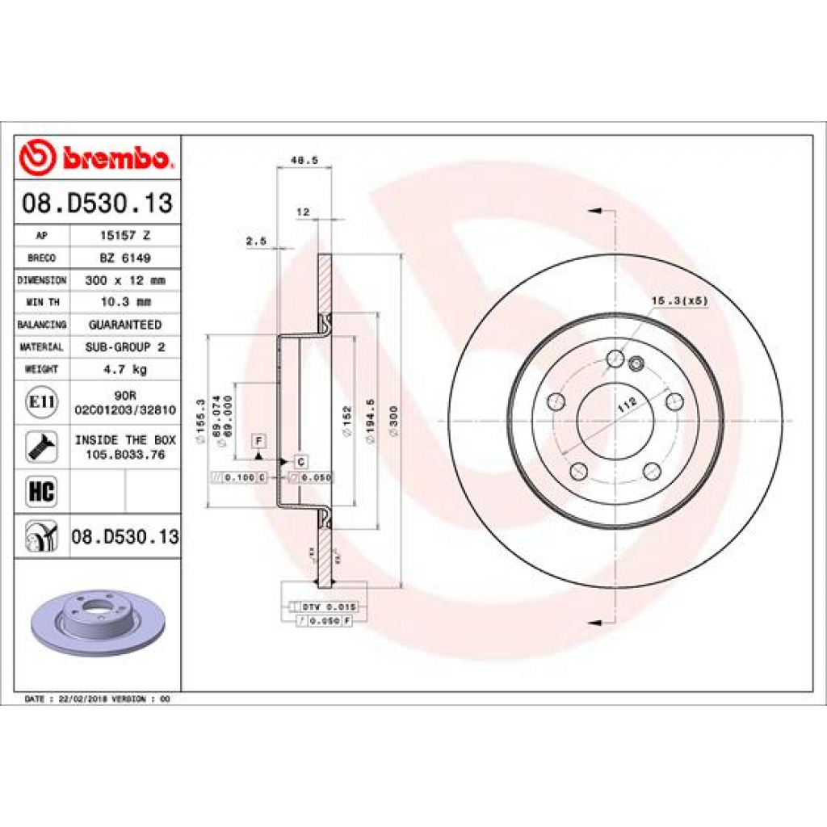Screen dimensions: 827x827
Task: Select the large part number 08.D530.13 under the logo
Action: (x=97, y=204)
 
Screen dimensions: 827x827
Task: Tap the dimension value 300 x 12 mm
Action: (x=124, y=280)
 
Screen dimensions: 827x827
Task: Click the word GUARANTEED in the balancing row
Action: (x=124, y=325)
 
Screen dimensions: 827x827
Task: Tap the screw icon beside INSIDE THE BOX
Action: (x=41, y=447)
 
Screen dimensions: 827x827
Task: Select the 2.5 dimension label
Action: (x=255, y=241)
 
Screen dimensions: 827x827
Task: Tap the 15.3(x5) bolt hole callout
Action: (x=679, y=300)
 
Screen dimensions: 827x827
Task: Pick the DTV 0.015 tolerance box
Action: (x=328, y=606)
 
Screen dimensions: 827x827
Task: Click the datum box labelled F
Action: (x=259, y=440)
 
